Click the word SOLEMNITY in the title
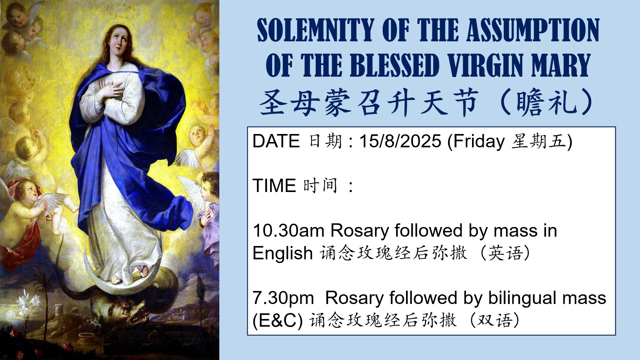point(315,30)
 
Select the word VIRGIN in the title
point(485,65)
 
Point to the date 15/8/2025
point(400,141)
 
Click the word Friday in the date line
point(479,142)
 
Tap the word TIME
point(274,186)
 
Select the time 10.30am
point(288,231)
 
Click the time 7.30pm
point(283,298)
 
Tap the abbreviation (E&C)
point(278,321)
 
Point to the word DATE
point(276,141)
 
